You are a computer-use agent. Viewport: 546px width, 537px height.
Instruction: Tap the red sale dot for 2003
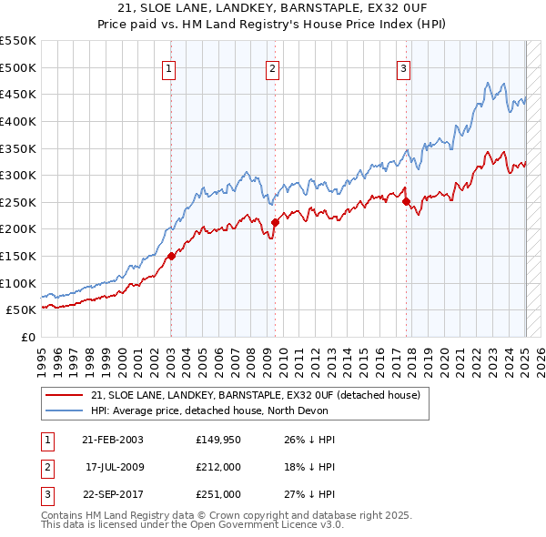[171, 256]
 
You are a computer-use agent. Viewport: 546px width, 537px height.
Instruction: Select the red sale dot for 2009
[274, 222]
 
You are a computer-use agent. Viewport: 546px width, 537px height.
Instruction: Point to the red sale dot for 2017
[406, 202]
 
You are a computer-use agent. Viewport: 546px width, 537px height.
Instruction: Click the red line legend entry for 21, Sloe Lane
[255, 395]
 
